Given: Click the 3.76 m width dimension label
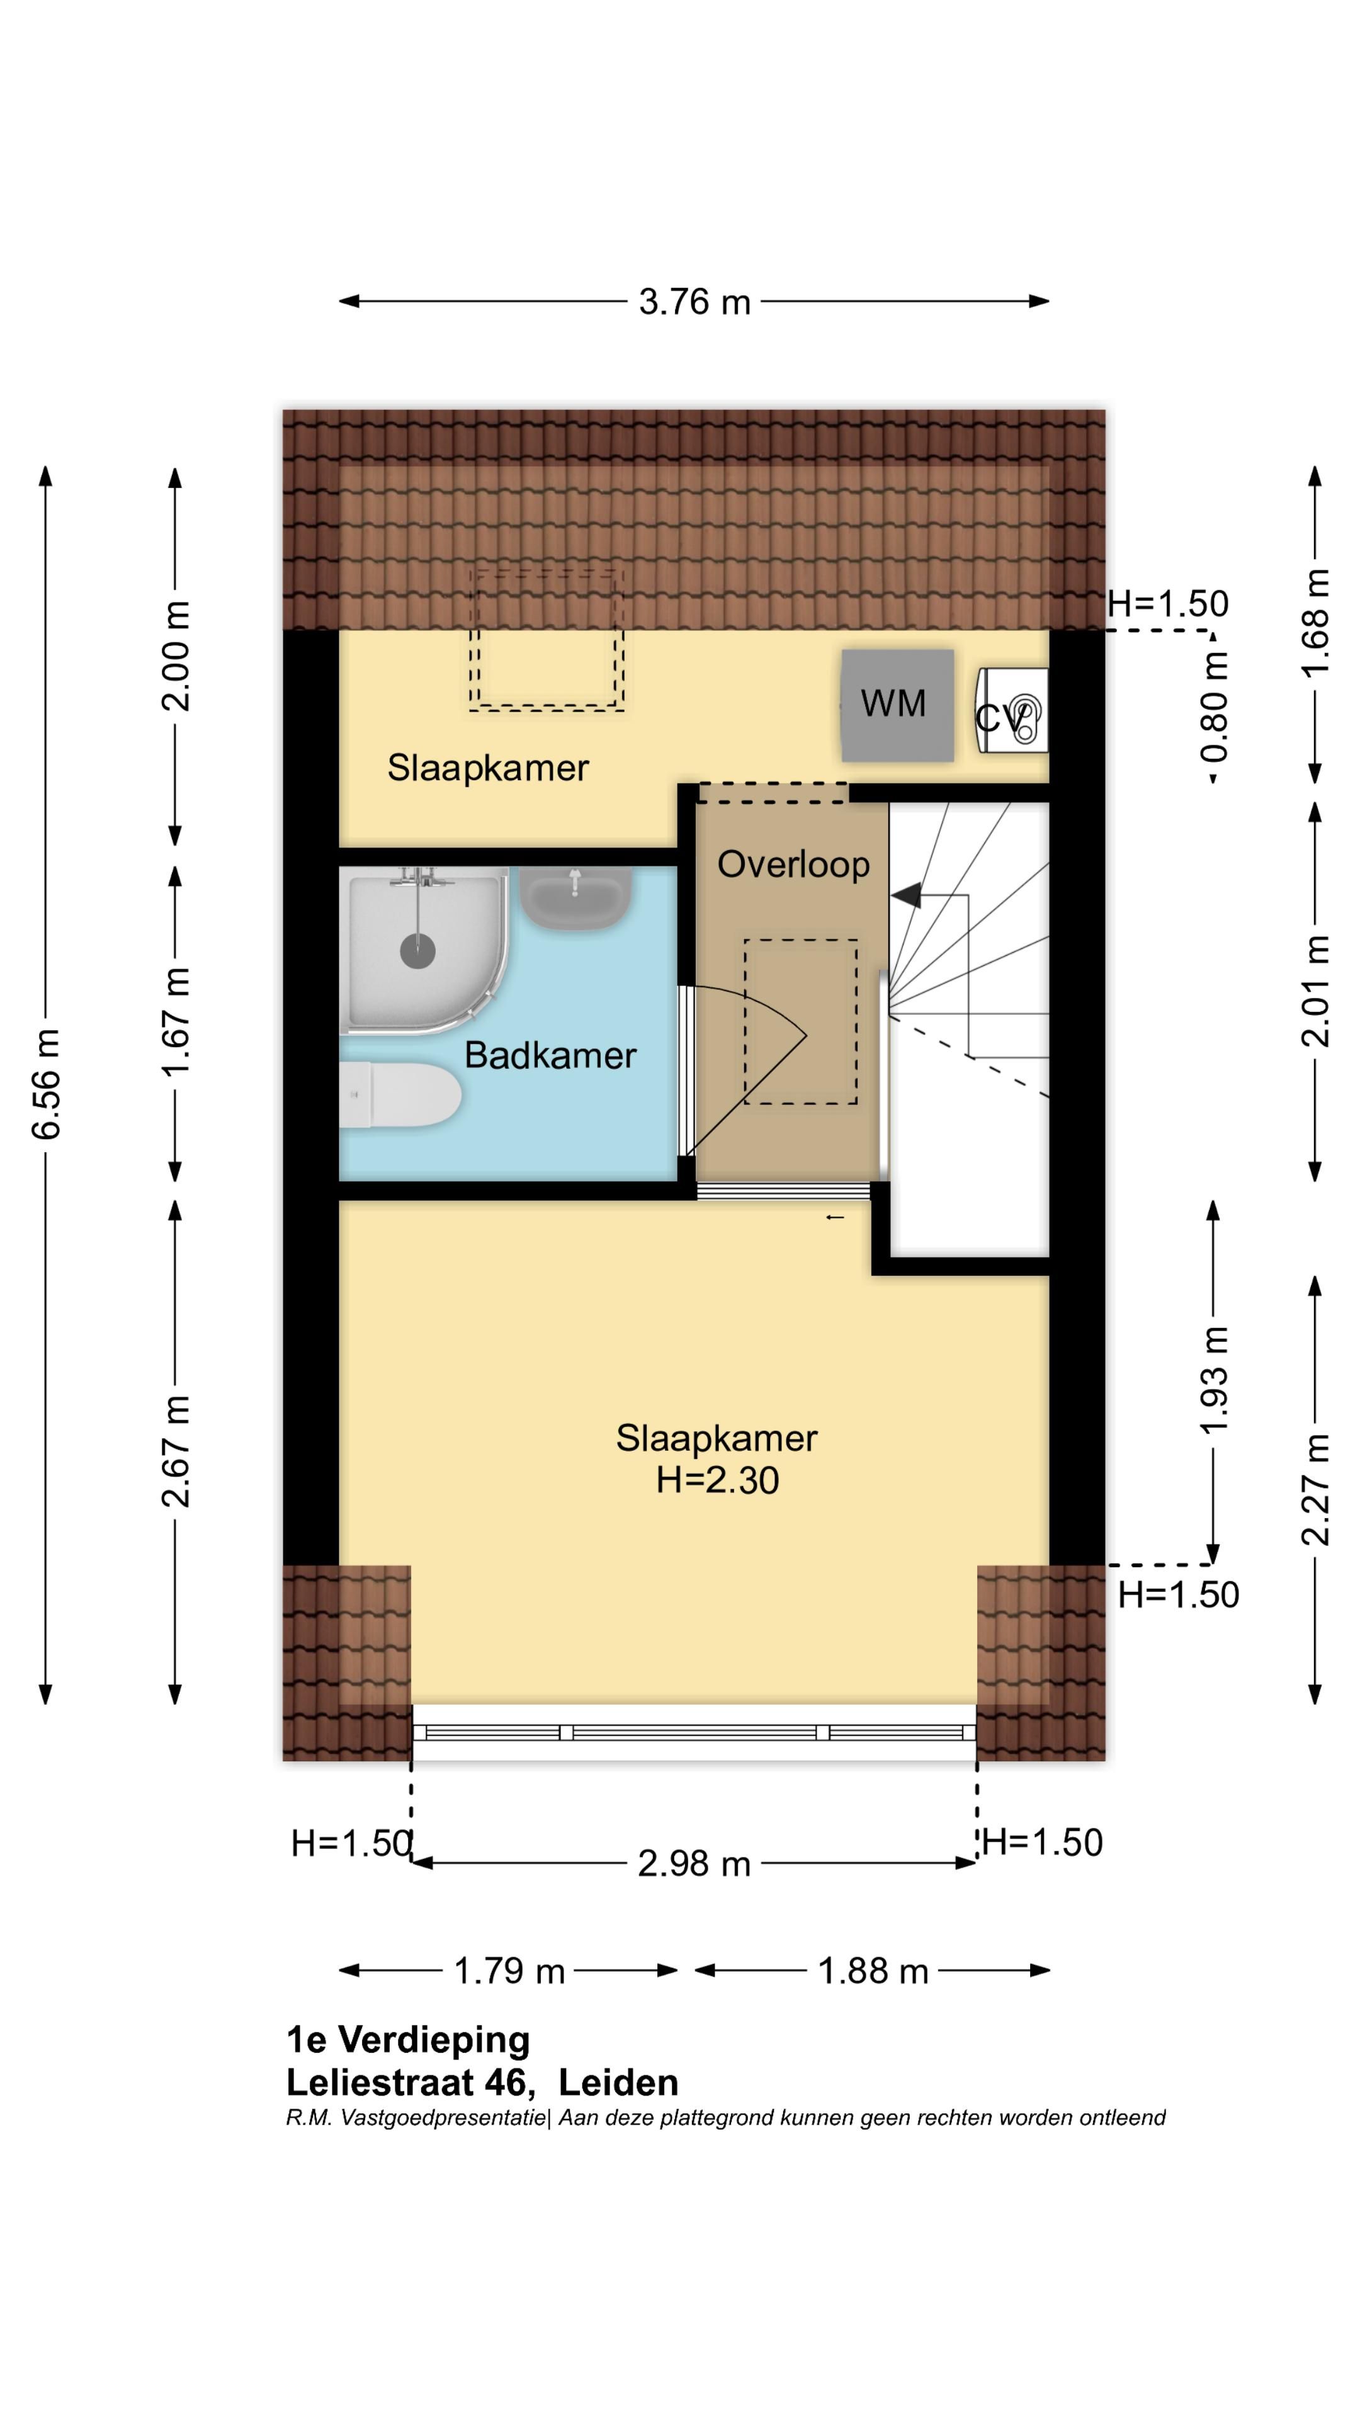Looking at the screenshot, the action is point(694,302).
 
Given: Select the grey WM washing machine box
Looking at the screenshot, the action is point(897,705).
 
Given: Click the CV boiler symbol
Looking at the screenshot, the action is point(1012,710).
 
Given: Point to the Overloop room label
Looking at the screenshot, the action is point(793,863).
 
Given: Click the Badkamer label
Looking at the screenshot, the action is point(550,1055).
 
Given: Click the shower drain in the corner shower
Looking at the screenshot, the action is point(417,951).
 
